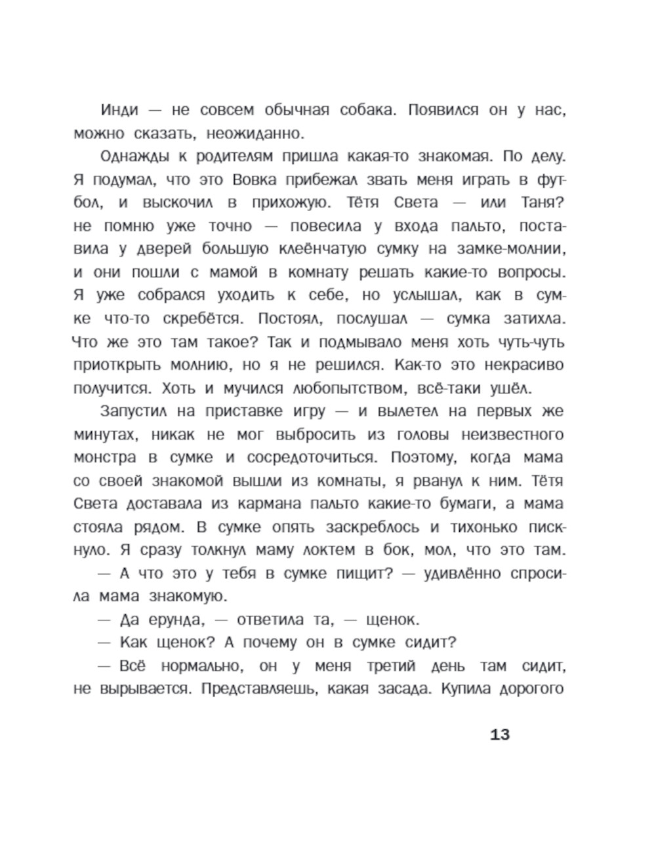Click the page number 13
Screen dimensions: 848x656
coord(499,734)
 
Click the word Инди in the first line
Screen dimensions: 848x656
coord(119,110)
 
